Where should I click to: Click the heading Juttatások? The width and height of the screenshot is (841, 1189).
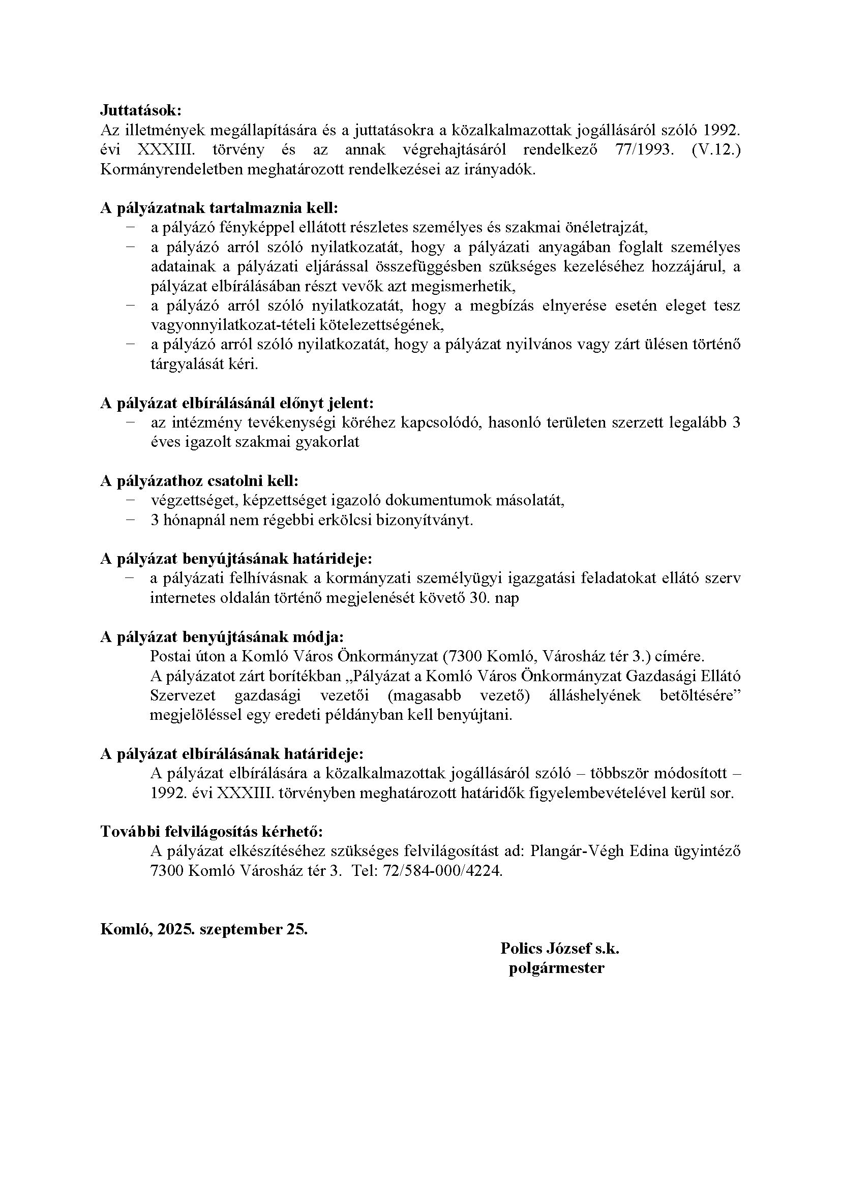pos(140,110)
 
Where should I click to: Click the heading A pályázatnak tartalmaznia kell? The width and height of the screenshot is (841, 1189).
pos(219,208)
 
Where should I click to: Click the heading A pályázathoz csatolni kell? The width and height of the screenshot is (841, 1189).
pos(199,480)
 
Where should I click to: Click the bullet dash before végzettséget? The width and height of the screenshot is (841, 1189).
pos(130,500)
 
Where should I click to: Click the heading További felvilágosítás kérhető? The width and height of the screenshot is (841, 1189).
pos(212,832)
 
